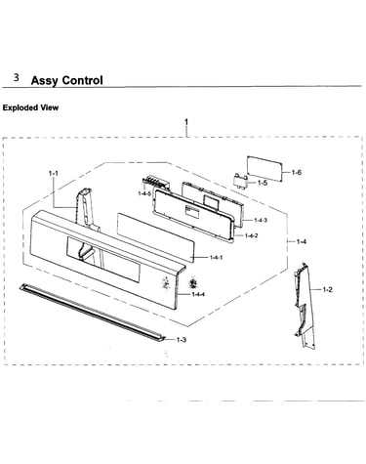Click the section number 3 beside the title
pyautogui.click(x=17, y=77)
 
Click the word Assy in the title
pyautogui.click(x=45, y=80)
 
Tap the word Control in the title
pyautogui.click(x=82, y=80)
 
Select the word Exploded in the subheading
pyautogui.click(x=20, y=107)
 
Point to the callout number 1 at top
pyautogui.click(x=186, y=122)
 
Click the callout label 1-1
pyautogui.click(x=54, y=173)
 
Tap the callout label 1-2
pyautogui.click(x=328, y=289)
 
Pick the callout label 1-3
pyautogui.click(x=182, y=340)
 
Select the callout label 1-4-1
pyautogui.click(x=216, y=258)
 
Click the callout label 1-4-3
pyautogui.click(x=261, y=221)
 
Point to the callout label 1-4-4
pyautogui.click(x=198, y=295)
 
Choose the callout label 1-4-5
pyautogui.click(x=144, y=193)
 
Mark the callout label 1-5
pyautogui.click(x=263, y=183)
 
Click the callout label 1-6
pyautogui.click(x=297, y=172)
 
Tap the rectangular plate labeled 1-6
pyautogui.click(x=264, y=168)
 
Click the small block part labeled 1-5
pyautogui.click(x=240, y=181)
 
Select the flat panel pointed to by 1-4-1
pyautogui.click(x=155, y=237)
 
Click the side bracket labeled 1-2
pyautogui.click(x=305, y=306)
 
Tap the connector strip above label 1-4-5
pyautogui.click(x=156, y=183)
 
